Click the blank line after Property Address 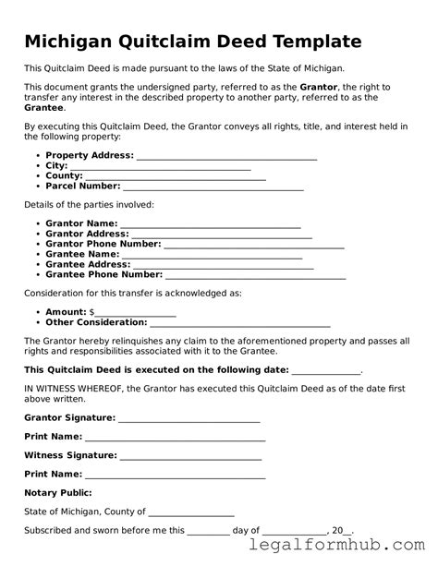coord(226,157)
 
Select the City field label coord(56,166)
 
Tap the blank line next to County coord(176,176)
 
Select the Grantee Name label coord(82,254)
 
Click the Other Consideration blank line coord(240,323)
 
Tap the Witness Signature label coord(70,455)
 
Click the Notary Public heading coord(57,493)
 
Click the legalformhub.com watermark coord(355,548)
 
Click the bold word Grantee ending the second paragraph coord(43,107)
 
